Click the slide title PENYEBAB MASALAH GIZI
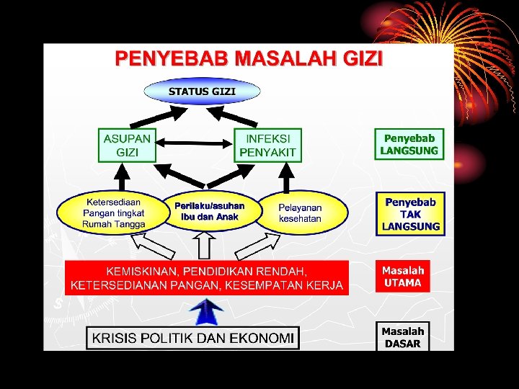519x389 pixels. click(249, 58)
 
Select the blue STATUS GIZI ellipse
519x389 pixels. click(202, 91)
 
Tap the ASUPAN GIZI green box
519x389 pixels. click(128, 146)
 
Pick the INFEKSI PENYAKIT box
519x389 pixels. click(267, 146)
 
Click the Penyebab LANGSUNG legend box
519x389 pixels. click(409, 144)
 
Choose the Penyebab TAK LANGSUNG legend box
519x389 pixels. click(410, 214)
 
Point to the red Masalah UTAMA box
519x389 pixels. click(403, 277)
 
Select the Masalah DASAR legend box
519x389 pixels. click(403, 336)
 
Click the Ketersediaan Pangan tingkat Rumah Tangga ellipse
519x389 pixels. click(113, 213)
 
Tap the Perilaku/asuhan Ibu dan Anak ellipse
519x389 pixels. click(209, 211)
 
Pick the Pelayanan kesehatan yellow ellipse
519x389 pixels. click(301, 213)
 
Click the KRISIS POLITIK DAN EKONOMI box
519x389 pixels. click(192, 338)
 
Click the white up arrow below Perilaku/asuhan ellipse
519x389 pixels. click(205, 246)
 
